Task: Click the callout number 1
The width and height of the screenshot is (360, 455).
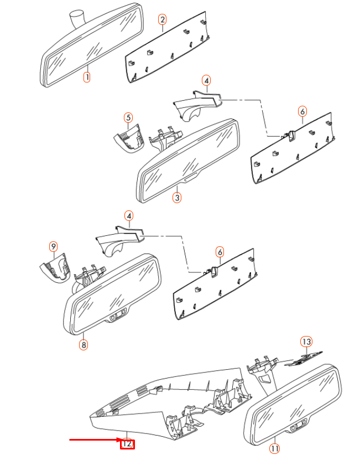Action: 87,77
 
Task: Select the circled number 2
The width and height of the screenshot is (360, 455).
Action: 163,20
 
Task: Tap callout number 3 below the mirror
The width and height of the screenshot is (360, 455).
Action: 176,198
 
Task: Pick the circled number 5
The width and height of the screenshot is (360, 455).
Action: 128,117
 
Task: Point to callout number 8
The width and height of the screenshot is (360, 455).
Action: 84,345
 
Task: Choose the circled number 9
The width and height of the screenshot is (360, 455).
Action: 53,246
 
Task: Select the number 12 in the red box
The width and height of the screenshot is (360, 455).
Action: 128,443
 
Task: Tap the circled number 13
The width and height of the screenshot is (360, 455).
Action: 306,341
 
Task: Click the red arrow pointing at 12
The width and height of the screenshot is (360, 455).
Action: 94,441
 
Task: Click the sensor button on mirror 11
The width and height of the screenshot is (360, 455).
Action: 299,425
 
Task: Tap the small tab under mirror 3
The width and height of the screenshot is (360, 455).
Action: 190,178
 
